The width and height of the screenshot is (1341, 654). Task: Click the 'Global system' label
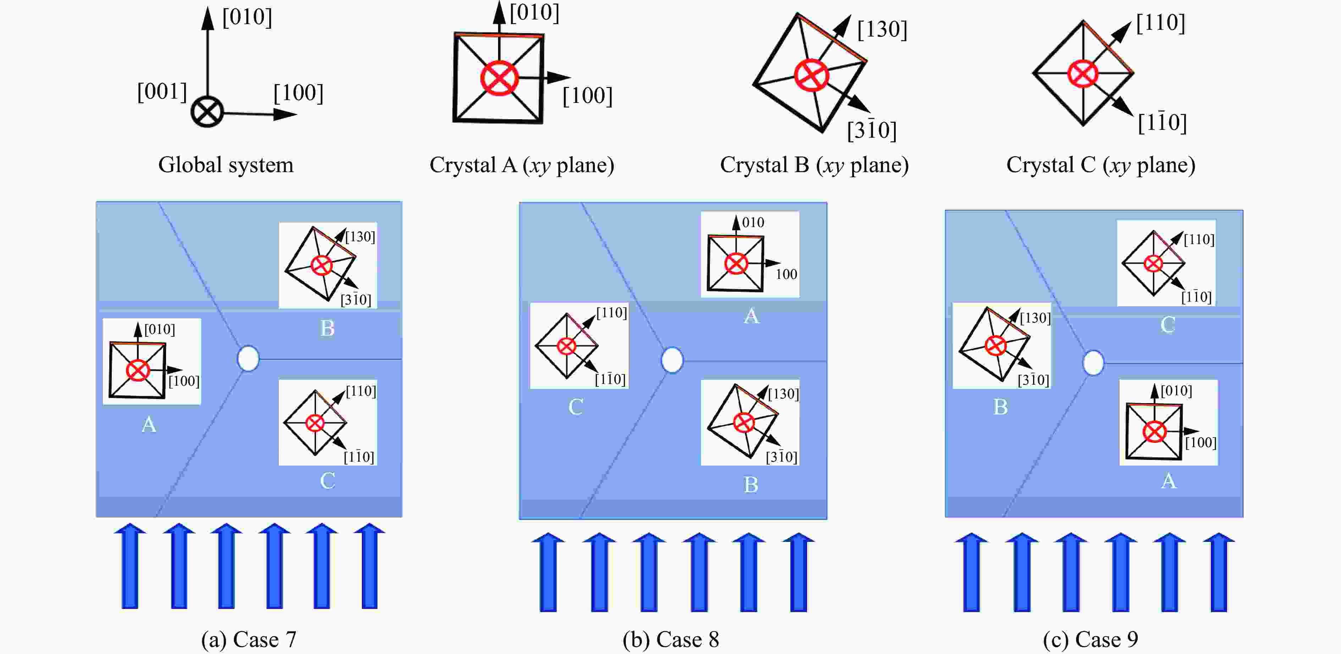pyautogui.click(x=225, y=165)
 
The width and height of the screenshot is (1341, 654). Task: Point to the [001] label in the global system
pyautogui.click(x=162, y=92)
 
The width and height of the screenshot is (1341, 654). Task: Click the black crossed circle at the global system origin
pyautogui.click(x=207, y=112)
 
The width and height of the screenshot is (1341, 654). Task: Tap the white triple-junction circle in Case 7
pyautogui.click(x=248, y=359)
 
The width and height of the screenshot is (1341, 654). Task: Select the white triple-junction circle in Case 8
pyautogui.click(x=672, y=360)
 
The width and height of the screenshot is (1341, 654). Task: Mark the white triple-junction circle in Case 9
pyautogui.click(x=1093, y=363)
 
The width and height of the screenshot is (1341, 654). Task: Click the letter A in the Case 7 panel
pyautogui.click(x=149, y=424)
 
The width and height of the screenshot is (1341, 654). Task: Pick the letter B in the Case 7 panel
pyautogui.click(x=327, y=328)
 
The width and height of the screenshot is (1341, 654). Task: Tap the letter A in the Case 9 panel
pyautogui.click(x=1168, y=480)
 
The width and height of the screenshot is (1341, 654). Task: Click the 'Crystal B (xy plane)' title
pyautogui.click(x=814, y=165)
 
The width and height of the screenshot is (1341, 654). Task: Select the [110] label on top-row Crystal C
pyautogui.click(x=1160, y=23)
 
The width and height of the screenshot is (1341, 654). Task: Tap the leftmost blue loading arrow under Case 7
pyautogui.click(x=129, y=566)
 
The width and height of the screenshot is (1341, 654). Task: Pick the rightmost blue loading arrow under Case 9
pyautogui.click(x=1219, y=571)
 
